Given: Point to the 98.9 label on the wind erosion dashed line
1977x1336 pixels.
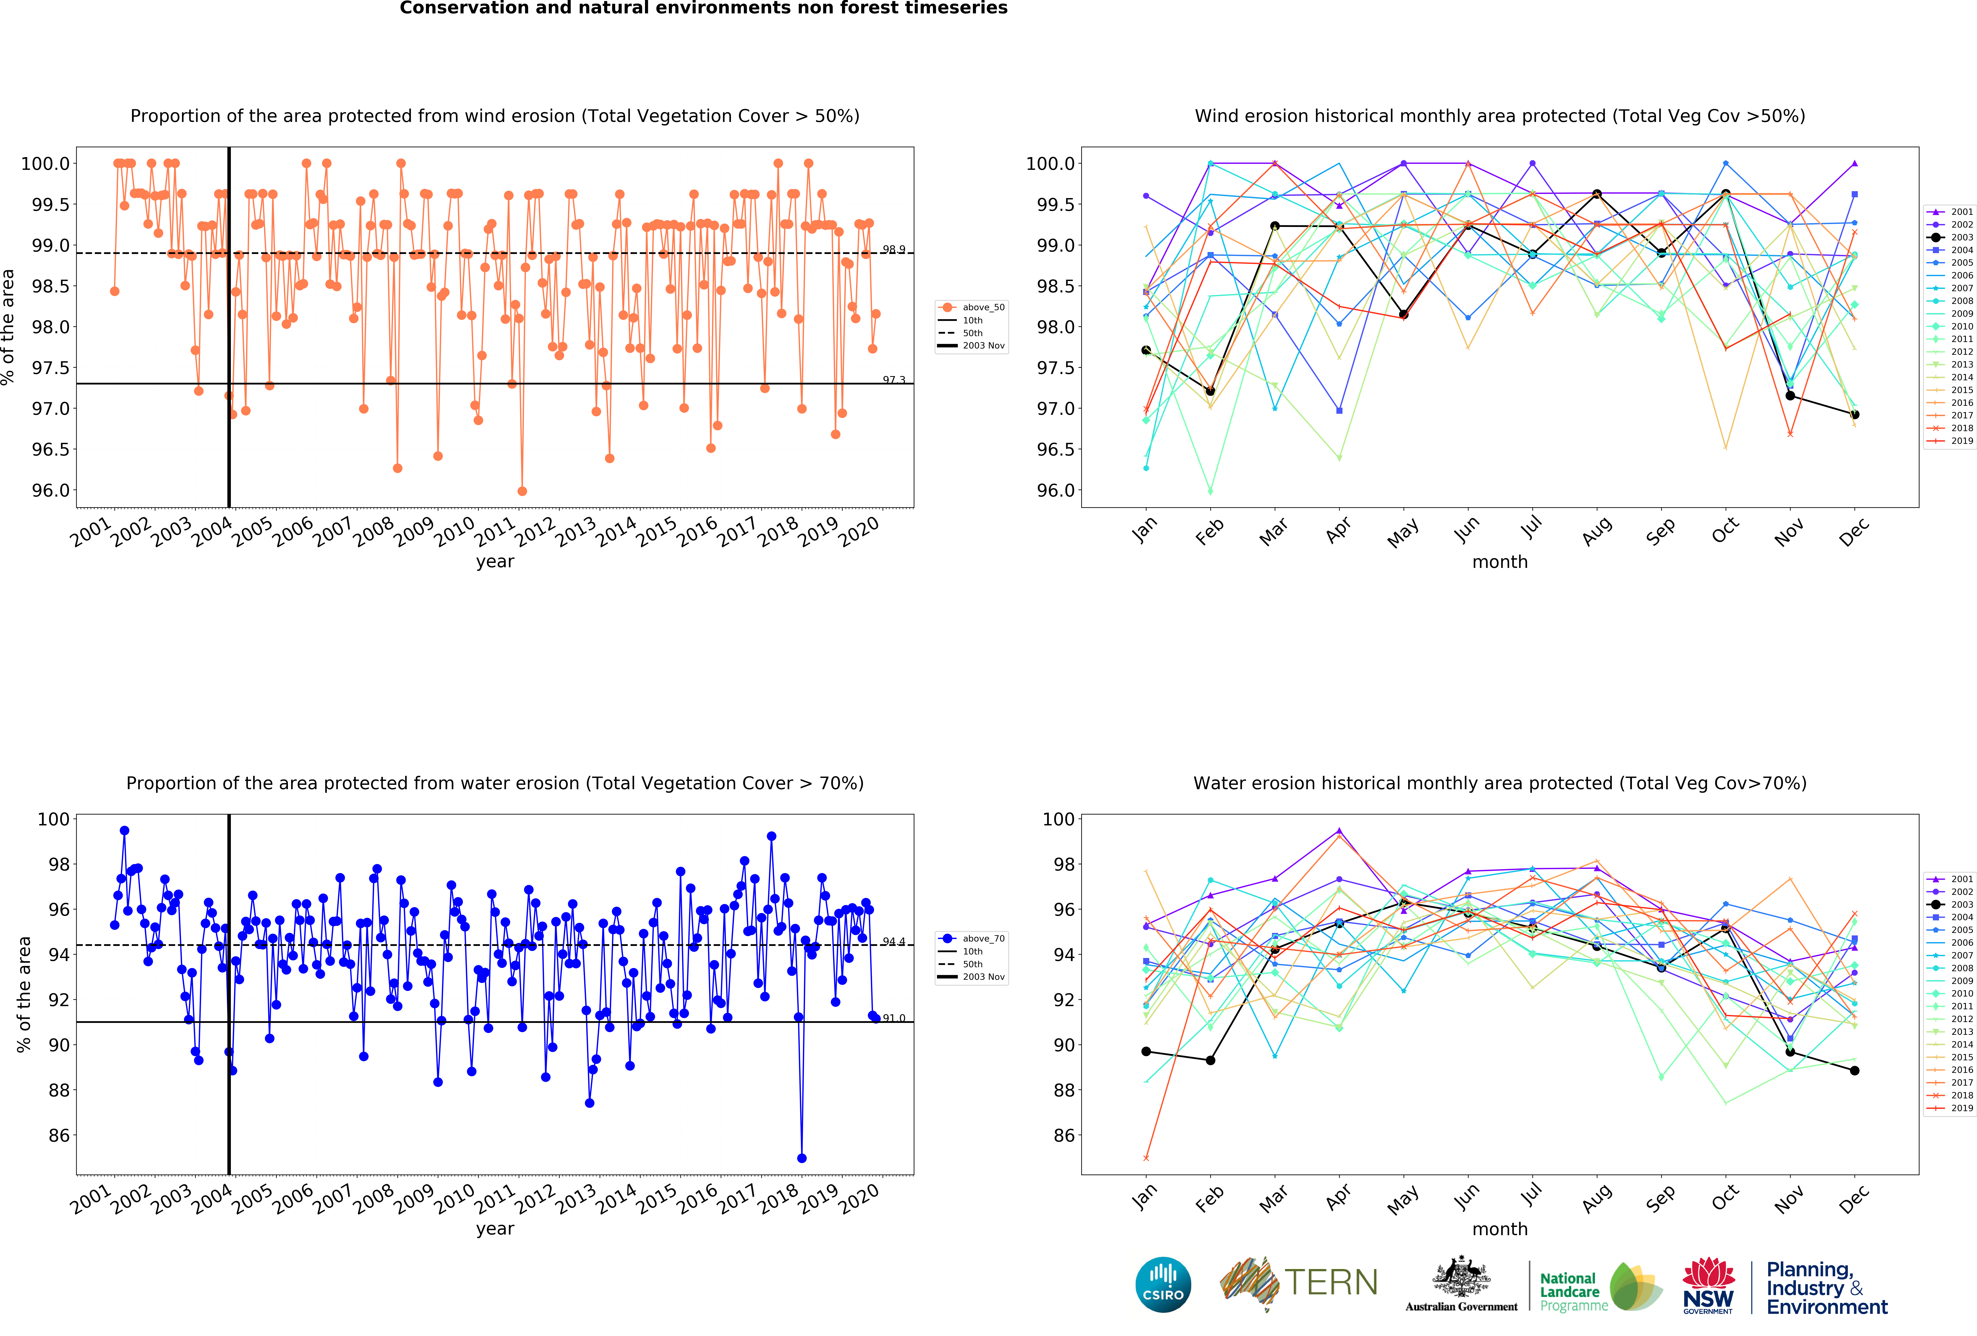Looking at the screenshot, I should pyautogui.click(x=893, y=249).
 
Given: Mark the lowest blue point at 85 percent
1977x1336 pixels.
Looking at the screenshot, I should pyautogui.click(x=801, y=1158).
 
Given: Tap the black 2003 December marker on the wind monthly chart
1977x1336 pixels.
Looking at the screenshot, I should pyautogui.click(x=1854, y=414).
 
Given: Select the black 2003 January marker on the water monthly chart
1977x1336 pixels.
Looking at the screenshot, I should pyautogui.click(x=1146, y=1052).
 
